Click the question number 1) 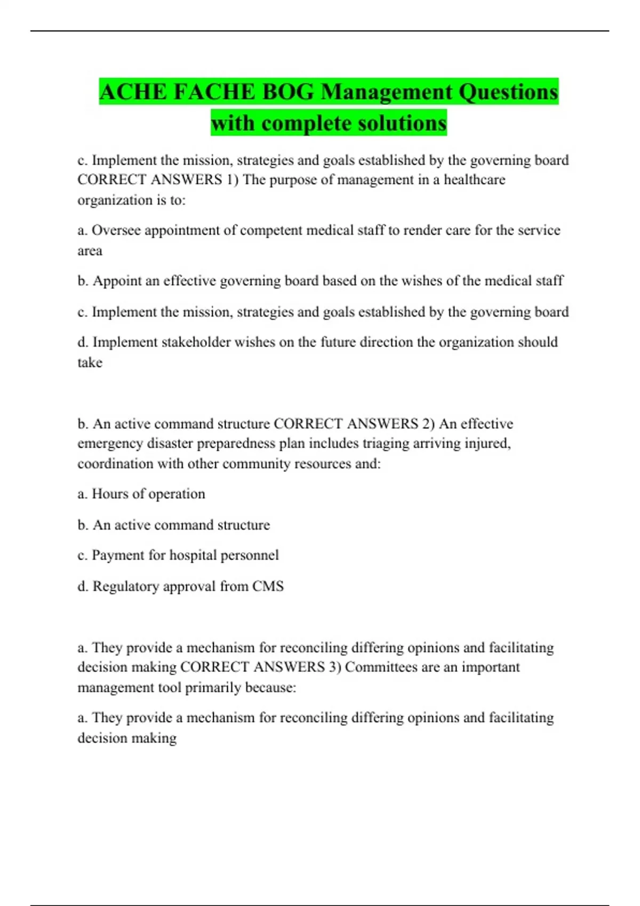233,180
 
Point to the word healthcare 474,180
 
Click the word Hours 110,494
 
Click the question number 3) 335,667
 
